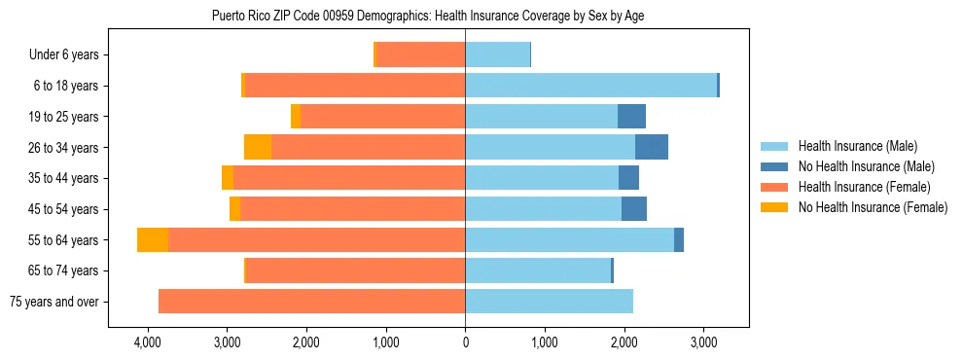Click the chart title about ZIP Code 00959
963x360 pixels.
[427, 16]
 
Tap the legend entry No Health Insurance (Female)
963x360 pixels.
[873, 207]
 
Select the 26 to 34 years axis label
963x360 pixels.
[63, 148]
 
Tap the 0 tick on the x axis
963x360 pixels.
[465, 342]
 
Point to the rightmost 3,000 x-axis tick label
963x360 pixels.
[703, 342]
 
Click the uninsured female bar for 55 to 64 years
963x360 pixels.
[153, 240]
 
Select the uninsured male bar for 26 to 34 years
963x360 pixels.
[652, 148]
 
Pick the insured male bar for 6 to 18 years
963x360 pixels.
[590, 86]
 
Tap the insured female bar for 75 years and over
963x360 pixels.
[311, 302]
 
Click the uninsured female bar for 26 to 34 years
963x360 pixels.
[258, 148]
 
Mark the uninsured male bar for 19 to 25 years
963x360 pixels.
[631, 117]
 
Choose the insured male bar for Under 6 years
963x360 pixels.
[497, 55]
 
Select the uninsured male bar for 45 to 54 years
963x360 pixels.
[634, 209]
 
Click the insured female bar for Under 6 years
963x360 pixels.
[420, 55]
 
